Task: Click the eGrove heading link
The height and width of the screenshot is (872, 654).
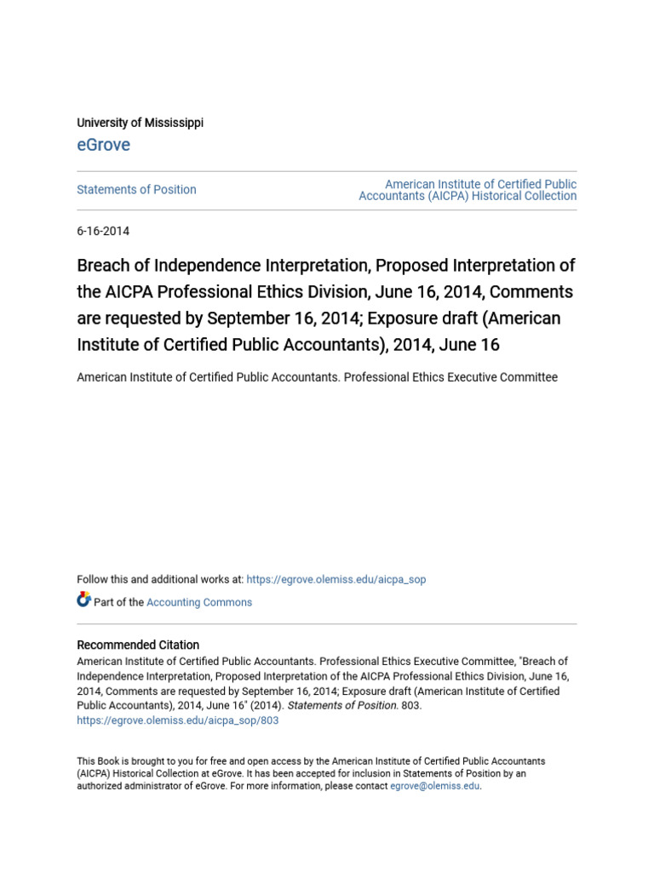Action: [104, 145]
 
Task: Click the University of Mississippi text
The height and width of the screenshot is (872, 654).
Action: [141, 123]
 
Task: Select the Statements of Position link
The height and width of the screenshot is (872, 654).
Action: [136, 190]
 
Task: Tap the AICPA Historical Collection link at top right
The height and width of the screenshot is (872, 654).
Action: [468, 190]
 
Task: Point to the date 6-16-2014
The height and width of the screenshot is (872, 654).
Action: [103, 231]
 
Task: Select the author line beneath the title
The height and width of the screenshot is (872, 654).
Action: [317, 377]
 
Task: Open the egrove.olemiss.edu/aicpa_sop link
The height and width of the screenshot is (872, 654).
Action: [336, 580]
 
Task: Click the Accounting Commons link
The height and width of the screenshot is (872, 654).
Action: [199, 602]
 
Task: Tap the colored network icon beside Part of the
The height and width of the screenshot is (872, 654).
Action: [83, 599]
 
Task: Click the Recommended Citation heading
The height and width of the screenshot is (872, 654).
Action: [138, 645]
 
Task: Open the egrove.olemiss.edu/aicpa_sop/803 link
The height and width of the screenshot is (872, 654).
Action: [178, 720]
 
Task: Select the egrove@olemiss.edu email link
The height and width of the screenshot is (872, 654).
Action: [435, 786]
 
